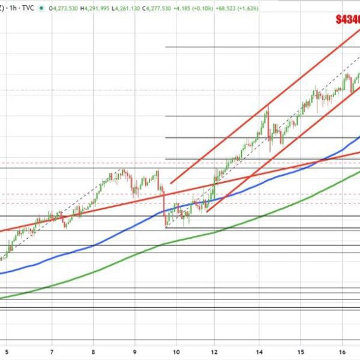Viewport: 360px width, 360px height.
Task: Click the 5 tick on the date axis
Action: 7,352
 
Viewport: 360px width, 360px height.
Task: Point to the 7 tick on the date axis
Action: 52,352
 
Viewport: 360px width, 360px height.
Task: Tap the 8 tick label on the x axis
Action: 94,352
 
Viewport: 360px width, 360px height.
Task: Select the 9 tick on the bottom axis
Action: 135,352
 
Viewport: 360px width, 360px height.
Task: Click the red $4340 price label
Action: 347,20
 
